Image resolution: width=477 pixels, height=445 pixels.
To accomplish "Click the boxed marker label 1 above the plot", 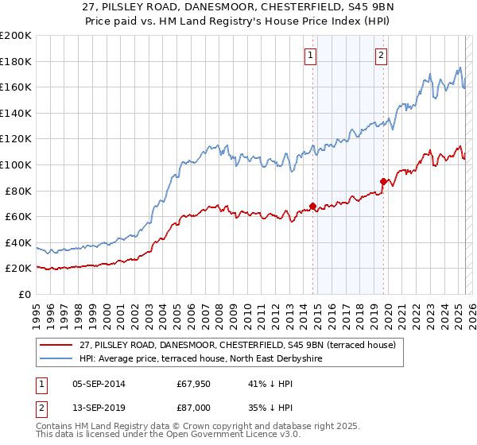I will point(309,55).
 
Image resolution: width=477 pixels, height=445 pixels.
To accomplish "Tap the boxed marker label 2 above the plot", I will point(382,55).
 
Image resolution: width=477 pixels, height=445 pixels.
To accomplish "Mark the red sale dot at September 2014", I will point(312,207).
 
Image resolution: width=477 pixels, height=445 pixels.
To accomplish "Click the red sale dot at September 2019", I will point(383,182).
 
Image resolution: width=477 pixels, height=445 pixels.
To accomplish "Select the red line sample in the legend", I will point(56,344).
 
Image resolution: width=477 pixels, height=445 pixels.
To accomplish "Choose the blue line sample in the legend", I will point(56,358).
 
